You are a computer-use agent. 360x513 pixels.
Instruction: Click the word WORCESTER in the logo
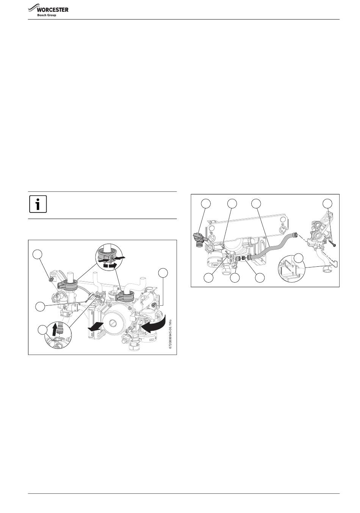[52, 10]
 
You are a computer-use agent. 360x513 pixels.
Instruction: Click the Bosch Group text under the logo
[47, 15]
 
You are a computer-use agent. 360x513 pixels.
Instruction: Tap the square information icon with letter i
[38, 204]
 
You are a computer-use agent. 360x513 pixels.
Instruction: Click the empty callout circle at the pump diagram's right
[163, 273]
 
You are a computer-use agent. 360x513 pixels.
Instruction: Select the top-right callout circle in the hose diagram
[327, 203]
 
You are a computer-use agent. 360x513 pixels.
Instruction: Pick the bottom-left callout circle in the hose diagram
[208, 278]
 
